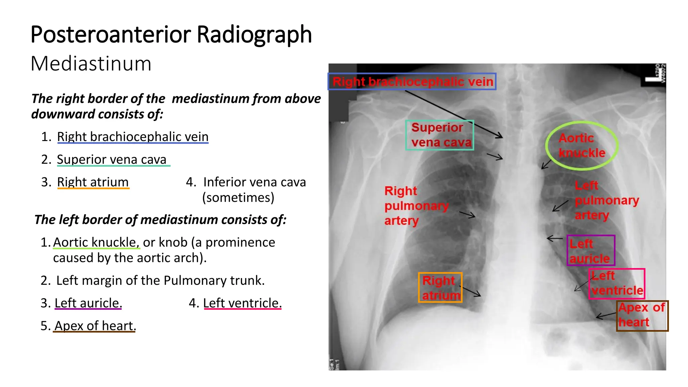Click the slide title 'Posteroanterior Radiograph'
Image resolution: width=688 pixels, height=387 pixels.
pos(171,35)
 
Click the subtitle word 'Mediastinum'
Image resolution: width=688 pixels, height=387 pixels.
pos(91,63)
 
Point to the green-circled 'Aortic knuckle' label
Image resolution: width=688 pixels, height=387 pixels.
pos(582,145)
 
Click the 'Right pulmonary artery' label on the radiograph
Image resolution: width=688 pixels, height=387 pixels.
pos(416,206)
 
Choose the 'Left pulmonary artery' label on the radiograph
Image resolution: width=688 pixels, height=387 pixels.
pos(606,200)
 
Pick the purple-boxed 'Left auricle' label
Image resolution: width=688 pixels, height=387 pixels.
pos(590,251)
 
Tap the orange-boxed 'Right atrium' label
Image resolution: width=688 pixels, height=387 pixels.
pos(440,288)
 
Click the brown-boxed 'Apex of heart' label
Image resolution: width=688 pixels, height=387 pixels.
pos(642,315)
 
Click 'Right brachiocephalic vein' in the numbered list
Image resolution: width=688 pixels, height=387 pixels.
pos(133,137)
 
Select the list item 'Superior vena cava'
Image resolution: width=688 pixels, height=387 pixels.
pos(112,159)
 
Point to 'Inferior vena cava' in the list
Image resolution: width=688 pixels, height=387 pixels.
pos(254,182)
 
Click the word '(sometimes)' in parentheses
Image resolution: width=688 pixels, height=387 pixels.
pos(238,198)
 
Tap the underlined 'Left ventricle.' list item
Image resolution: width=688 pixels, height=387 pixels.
pos(242,303)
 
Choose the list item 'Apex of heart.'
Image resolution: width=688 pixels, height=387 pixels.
pos(95,326)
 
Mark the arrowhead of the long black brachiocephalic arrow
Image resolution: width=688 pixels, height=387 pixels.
pos(500,136)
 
